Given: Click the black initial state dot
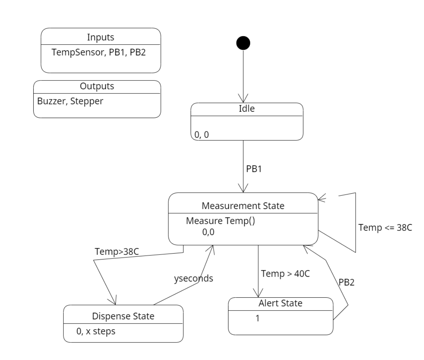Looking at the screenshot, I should (x=243, y=43).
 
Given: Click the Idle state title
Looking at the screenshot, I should (x=247, y=109).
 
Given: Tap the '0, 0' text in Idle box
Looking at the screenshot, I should (x=201, y=134).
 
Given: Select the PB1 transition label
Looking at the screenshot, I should (x=254, y=169).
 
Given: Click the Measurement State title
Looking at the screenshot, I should (x=243, y=206).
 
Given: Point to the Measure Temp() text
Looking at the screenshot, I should (x=220, y=221).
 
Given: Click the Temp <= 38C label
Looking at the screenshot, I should (x=385, y=228).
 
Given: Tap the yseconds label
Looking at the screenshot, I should (x=193, y=278).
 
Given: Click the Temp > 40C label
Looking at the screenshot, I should (x=285, y=274).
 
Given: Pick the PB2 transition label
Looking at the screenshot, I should (x=347, y=282).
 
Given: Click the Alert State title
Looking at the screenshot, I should (x=280, y=303).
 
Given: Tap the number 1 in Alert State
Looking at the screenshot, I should (x=258, y=318).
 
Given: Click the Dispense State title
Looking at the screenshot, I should (x=123, y=316).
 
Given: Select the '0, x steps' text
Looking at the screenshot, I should (x=96, y=331).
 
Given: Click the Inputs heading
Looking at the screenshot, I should (x=101, y=37).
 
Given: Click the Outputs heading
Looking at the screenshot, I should (x=97, y=86).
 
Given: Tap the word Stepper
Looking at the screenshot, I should (x=87, y=101).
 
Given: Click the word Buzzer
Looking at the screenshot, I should (x=52, y=101).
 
